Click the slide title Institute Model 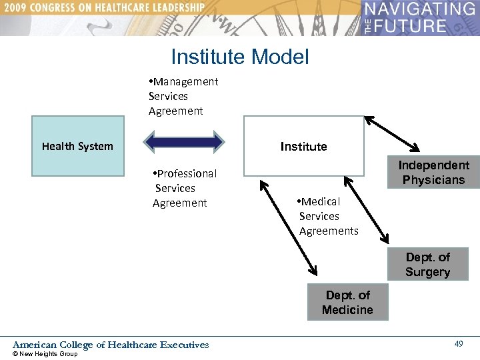pos(240,57)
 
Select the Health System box pos(78,146)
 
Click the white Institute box pos(304,146)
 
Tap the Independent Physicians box pos(433,173)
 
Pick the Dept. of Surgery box pos(427,264)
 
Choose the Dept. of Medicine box pos(347,302)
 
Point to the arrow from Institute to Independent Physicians pos(392,133)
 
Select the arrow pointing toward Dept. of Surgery pos(366,207)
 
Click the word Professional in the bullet pos(187,173)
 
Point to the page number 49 pos(459,343)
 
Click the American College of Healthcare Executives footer pos(111,345)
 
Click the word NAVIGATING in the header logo pos(420,9)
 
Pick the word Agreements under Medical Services pos(329,231)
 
